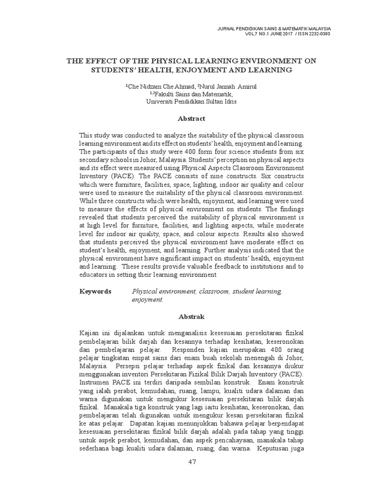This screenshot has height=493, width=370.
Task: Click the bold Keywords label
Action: [95, 292]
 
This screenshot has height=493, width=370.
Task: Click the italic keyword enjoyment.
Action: [147, 299]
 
